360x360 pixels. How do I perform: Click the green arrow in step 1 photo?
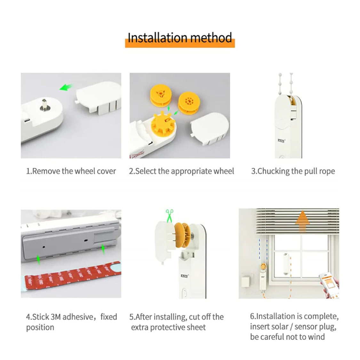point(66,87)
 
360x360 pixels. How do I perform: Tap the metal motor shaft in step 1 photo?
point(44,105)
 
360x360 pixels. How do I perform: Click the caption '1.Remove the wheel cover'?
point(71,171)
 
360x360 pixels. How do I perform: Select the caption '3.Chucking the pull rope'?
point(293,171)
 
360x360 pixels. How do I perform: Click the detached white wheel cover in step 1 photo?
point(100,97)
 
